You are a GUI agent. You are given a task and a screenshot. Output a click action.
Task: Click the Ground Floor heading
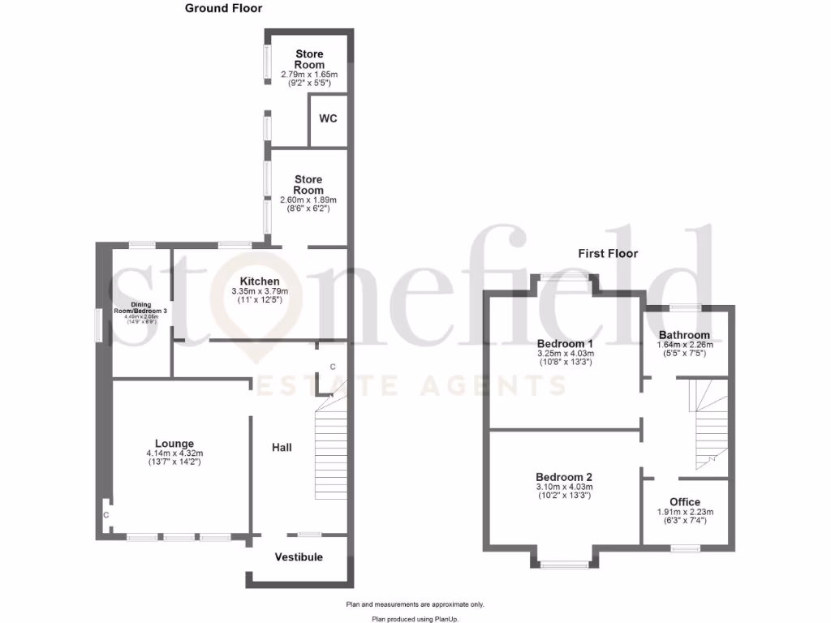(223, 9)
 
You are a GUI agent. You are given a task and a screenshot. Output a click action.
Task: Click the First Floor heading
(608, 254)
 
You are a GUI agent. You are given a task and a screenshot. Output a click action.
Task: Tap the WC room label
(328, 118)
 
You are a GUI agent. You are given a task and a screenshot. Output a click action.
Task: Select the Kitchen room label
(254, 281)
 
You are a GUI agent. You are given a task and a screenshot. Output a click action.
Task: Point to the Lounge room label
(174, 444)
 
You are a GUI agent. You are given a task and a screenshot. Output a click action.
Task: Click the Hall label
(282, 447)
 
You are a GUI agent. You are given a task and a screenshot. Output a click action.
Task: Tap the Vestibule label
(299, 557)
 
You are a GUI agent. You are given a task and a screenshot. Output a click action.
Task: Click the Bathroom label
(684, 335)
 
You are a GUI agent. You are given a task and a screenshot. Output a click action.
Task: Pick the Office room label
(685, 502)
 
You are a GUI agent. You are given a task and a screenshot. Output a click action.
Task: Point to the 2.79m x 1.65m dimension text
(309, 75)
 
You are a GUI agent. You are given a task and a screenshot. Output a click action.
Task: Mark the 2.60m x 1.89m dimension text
(308, 200)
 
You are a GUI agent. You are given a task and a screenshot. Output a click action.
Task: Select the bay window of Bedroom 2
(565, 564)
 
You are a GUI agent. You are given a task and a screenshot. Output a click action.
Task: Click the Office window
(686, 549)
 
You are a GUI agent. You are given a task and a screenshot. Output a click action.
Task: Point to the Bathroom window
(685, 307)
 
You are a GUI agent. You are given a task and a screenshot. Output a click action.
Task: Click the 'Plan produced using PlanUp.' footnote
(415, 619)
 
